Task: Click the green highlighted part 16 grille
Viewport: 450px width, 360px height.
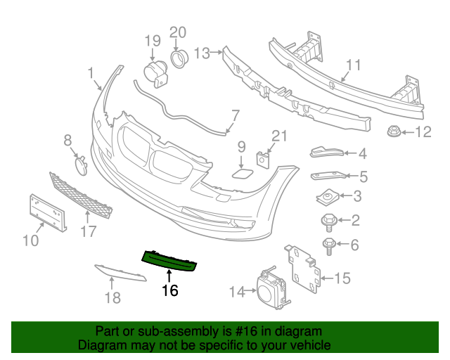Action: pyautogui.click(x=169, y=260)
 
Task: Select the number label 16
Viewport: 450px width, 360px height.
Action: pyautogui.click(x=169, y=290)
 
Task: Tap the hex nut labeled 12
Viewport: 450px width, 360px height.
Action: pyautogui.click(x=393, y=131)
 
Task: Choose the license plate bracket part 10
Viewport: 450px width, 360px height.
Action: pyautogui.click(x=47, y=211)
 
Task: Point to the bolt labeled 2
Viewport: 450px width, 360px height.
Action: pyautogui.click(x=329, y=221)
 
